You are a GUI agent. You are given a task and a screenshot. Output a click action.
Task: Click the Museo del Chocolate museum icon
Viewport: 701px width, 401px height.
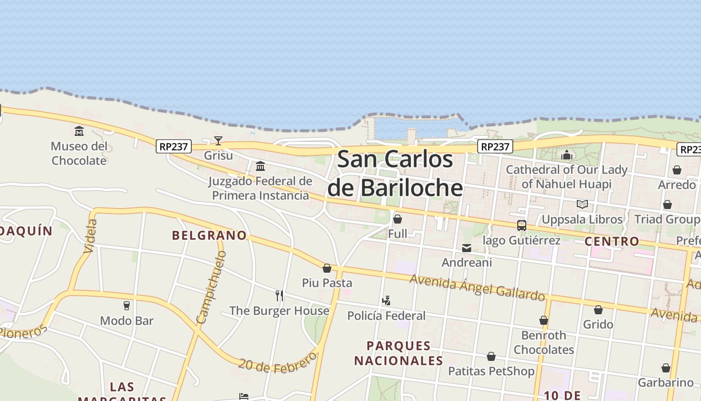79,131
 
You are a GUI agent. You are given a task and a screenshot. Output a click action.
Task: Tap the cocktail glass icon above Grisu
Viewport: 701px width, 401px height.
218,140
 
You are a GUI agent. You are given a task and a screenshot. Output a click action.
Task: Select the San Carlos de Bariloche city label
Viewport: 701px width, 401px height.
395,173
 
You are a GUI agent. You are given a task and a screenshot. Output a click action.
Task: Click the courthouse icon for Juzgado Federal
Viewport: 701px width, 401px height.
260,166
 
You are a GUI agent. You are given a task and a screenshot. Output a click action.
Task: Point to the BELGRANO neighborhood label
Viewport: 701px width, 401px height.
209,235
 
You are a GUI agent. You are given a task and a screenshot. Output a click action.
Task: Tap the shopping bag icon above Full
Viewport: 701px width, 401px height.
398,219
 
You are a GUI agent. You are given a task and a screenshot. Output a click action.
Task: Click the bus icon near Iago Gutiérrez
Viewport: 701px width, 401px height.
521,226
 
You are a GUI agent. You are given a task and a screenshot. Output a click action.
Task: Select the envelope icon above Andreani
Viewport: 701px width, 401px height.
467,248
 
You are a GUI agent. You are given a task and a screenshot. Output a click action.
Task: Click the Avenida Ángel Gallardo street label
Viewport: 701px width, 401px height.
477,287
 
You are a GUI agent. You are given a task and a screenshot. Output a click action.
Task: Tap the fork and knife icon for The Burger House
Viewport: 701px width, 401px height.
279,296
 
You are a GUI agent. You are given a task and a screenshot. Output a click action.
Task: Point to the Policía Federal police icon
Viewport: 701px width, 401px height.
386,301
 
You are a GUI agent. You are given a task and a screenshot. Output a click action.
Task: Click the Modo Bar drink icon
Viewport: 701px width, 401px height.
127,305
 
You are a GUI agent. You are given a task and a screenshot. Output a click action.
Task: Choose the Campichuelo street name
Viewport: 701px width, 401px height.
212,287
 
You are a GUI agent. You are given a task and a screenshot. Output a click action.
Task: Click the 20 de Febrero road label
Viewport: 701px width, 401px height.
277,362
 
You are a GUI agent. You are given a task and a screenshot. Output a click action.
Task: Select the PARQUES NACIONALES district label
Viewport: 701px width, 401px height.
399,353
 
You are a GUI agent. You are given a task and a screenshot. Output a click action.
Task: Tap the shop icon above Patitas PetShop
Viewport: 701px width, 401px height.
491,356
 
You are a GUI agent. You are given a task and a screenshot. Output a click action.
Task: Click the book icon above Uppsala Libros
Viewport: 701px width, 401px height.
582,205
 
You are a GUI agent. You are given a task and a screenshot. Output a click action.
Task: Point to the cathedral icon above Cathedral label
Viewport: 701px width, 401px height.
567,155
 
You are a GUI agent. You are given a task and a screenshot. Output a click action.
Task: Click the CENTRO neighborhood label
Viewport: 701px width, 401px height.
612,241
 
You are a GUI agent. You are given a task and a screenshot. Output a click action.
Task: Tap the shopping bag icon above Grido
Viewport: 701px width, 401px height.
598,310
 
